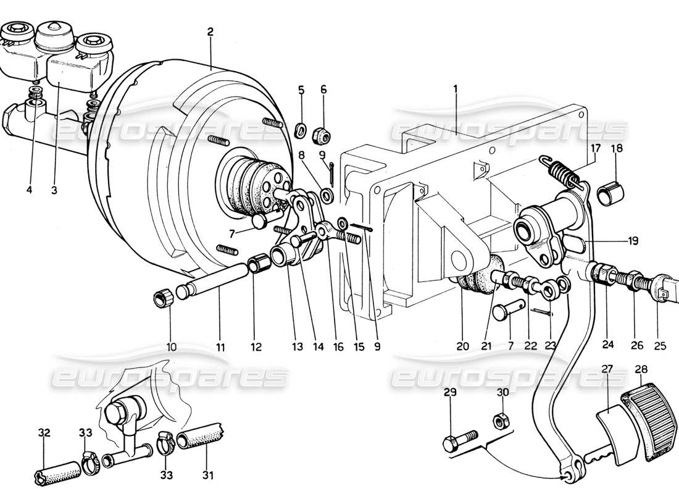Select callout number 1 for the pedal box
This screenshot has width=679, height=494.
(455, 89)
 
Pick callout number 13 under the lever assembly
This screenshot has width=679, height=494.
(298, 347)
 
